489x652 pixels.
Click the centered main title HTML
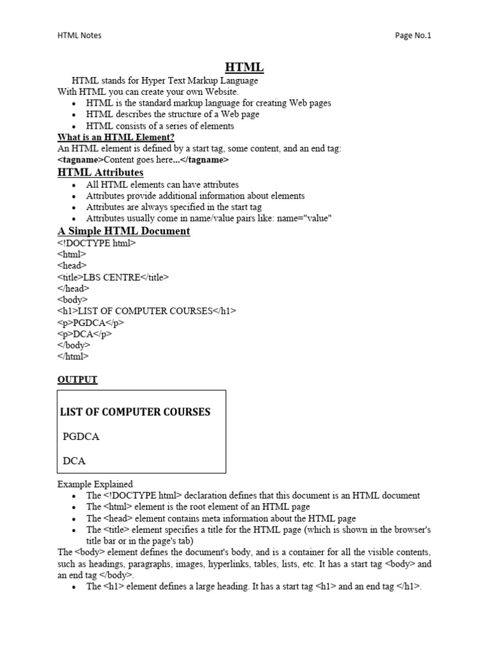tap(244, 67)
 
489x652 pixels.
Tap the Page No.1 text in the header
tap(413, 36)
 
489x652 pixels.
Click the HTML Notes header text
tap(80, 36)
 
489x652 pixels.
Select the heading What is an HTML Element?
tap(116, 137)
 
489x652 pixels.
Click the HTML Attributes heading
tap(100, 173)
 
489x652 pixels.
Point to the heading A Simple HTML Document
tap(124, 230)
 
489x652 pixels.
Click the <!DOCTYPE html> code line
tap(96, 243)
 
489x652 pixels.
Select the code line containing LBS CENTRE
tap(113, 277)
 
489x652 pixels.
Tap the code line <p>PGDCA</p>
tap(90, 323)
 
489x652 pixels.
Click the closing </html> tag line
tap(73, 357)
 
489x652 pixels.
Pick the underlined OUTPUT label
tap(78, 379)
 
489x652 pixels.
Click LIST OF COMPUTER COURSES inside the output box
tap(135, 412)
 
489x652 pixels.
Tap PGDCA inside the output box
tap(81, 437)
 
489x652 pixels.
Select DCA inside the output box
tap(74, 460)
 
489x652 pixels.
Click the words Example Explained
tap(95, 485)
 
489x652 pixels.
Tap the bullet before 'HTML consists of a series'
tap(74, 127)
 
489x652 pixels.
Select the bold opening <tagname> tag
tap(80, 160)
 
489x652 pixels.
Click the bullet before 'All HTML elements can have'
tap(74, 185)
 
